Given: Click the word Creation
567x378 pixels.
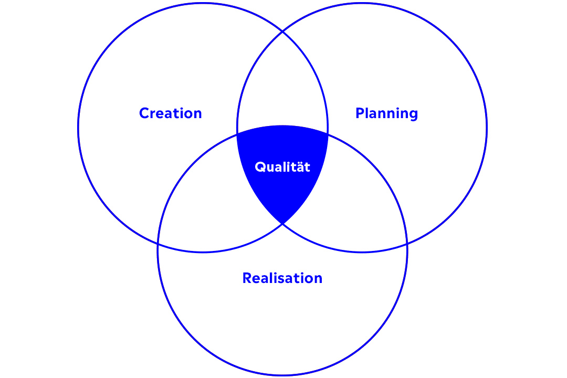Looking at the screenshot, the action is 170,113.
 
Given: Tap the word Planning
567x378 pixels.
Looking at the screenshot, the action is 386,114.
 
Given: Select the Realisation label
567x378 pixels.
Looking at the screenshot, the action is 282,278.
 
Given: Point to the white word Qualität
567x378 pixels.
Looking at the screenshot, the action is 282,167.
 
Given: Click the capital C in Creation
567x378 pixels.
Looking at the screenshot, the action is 145,113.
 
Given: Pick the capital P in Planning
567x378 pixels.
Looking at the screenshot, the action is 360,113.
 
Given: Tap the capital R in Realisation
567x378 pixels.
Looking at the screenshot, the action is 247,278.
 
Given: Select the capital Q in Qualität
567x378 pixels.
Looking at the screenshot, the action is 261,167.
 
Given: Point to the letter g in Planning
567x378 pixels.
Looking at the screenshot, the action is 413,115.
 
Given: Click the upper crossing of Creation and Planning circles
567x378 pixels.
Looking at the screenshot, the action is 282,32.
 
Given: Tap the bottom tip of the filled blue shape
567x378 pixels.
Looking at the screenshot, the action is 282,224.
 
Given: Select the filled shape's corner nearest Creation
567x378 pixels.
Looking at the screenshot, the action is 237,134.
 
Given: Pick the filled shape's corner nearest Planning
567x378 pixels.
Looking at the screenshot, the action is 328,134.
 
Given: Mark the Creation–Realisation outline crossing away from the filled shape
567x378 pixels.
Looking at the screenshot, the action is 158,244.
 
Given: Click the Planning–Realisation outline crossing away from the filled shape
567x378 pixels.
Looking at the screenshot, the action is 407,244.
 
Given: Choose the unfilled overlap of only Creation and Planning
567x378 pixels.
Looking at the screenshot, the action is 282,83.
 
